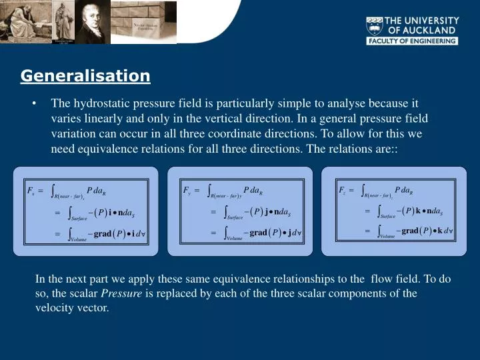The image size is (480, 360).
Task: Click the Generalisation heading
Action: pos(85,76)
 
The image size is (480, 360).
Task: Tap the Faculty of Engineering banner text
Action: pos(411,41)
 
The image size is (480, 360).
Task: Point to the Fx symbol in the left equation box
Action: pos(31,191)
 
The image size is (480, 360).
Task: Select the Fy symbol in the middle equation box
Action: pos(187,190)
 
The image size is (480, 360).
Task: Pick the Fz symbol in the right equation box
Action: pos(342,190)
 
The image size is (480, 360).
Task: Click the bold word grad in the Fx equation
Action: pos(102,234)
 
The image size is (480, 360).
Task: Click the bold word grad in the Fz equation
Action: pos(410,231)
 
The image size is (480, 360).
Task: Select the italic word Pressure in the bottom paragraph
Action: pos(121,293)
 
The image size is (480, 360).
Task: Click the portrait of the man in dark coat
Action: pos(91,22)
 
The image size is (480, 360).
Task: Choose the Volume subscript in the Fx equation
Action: pos(79,238)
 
